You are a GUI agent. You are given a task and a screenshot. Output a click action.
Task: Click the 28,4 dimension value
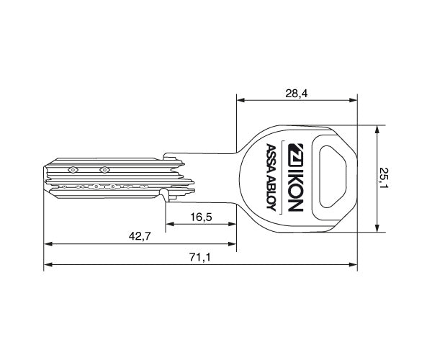click(x=296, y=94)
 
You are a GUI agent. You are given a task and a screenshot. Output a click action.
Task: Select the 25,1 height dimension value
click(x=383, y=178)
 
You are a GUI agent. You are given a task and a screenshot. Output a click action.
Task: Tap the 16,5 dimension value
click(x=201, y=217)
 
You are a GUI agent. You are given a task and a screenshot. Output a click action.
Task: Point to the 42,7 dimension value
click(x=140, y=236)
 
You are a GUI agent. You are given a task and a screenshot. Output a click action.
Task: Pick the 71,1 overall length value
click(x=200, y=258)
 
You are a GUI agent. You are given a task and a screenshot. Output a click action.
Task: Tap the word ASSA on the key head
click(x=271, y=159)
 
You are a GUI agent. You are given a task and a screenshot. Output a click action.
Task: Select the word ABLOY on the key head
click(x=271, y=194)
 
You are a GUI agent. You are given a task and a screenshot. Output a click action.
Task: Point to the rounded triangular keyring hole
click(x=333, y=177)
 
